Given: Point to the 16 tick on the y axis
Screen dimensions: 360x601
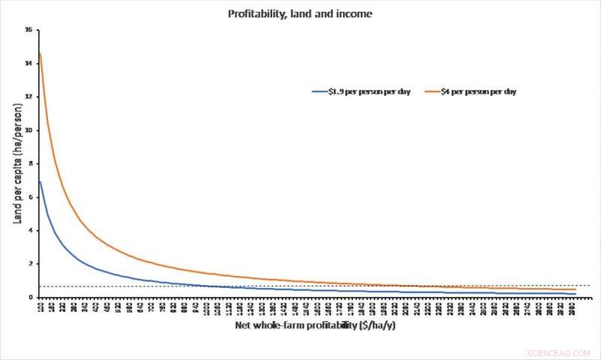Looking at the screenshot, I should [29, 30].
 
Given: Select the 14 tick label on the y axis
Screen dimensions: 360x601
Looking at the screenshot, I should [29, 63].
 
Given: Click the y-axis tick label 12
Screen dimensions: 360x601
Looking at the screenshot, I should [29, 97].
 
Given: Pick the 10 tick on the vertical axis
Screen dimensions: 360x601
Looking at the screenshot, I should [29, 130].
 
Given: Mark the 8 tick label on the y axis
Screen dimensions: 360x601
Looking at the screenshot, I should [29, 164].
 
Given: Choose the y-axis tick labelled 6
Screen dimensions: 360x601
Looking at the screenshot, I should [29, 197].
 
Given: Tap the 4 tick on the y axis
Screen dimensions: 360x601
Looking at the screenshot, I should [29, 231].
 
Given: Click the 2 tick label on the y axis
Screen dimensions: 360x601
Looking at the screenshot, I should [29, 264].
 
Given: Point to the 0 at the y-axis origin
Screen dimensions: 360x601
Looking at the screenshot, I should [29, 298].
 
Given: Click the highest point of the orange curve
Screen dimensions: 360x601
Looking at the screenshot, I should [40, 53].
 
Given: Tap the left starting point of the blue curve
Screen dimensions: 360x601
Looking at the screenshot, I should [40, 181].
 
